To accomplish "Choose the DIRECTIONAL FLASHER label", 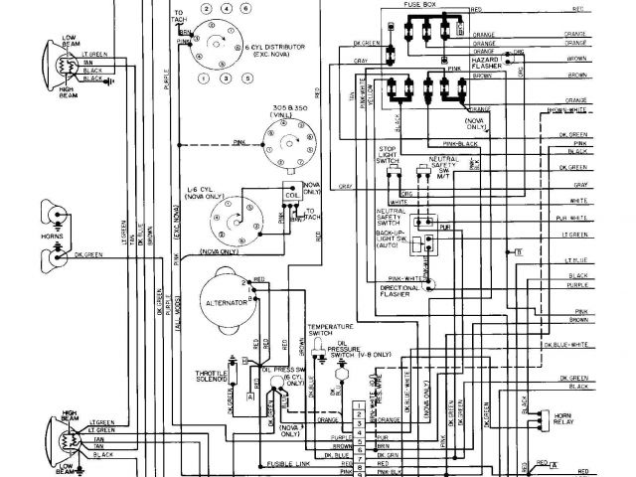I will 400,289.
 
